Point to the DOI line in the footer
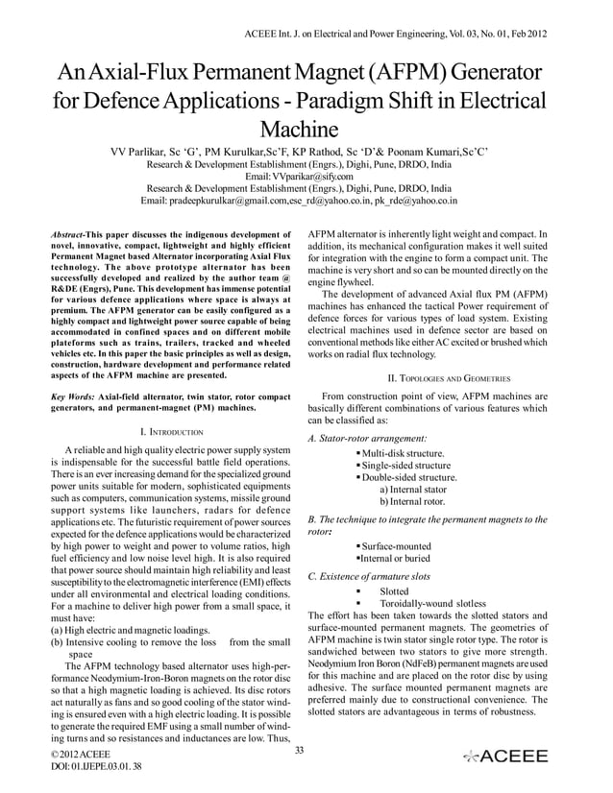[73, 781]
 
